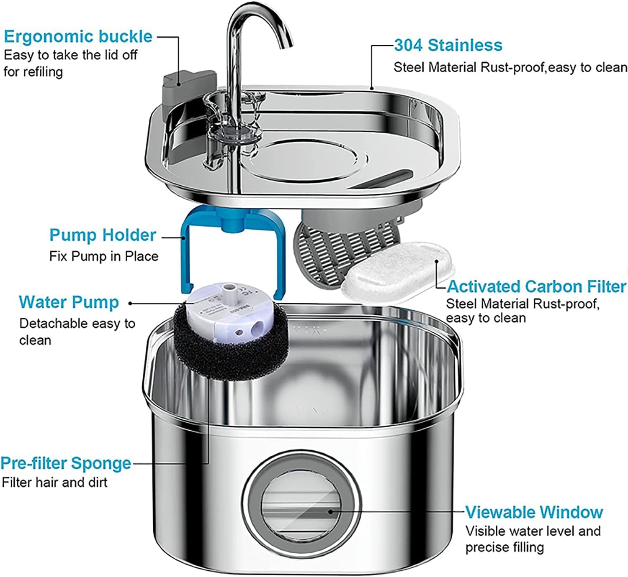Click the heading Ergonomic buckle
(78, 37)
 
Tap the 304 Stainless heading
(448, 45)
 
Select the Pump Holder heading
(103, 235)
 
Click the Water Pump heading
(69, 302)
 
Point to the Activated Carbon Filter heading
(536, 286)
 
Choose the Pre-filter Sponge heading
(66, 463)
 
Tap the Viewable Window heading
(534, 512)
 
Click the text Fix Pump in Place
(104, 256)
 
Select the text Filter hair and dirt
(54, 482)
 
